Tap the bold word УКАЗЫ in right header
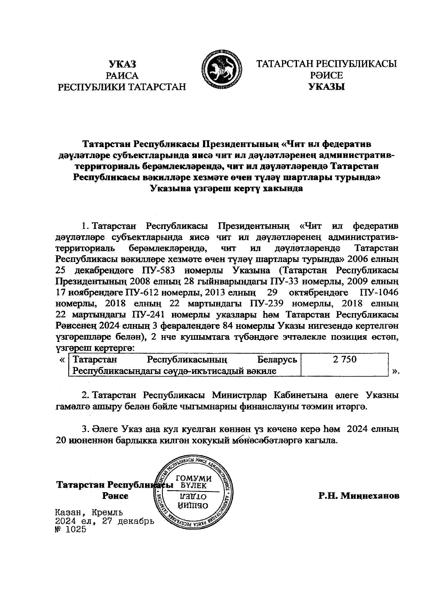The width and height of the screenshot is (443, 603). click(x=326, y=88)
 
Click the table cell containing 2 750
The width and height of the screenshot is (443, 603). click(x=344, y=360)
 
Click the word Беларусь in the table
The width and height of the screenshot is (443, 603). click(x=277, y=360)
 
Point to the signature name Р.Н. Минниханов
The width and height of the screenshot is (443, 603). click(x=359, y=495)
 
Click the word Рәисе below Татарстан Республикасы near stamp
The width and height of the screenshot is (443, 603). click(x=115, y=496)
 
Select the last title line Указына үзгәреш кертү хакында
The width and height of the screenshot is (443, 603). click(x=227, y=188)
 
